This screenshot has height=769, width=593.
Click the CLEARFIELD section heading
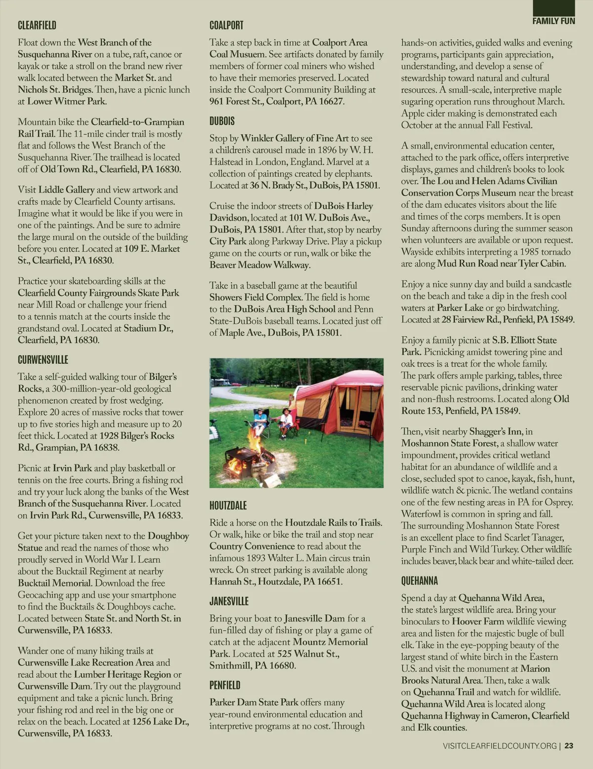(x=37, y=25)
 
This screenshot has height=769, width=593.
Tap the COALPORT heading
(x=226, y=25)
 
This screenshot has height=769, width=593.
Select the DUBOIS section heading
(x=222, y=121)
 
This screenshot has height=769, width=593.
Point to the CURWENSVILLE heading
(x=43, y=359)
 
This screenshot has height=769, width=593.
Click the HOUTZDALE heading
(x=228, y=505)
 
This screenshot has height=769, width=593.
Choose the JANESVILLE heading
(x=229, y=601)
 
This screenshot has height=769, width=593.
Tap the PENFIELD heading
(x=225, y=685)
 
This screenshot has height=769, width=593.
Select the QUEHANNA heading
(x=420, y=581)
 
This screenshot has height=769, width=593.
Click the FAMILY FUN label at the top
(x=553, y=21)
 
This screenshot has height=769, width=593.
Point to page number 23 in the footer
(x=569, y=746)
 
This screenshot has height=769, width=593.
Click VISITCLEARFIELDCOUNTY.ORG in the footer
(x=500, y=746)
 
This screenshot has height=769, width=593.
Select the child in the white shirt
(x=285, y=421)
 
